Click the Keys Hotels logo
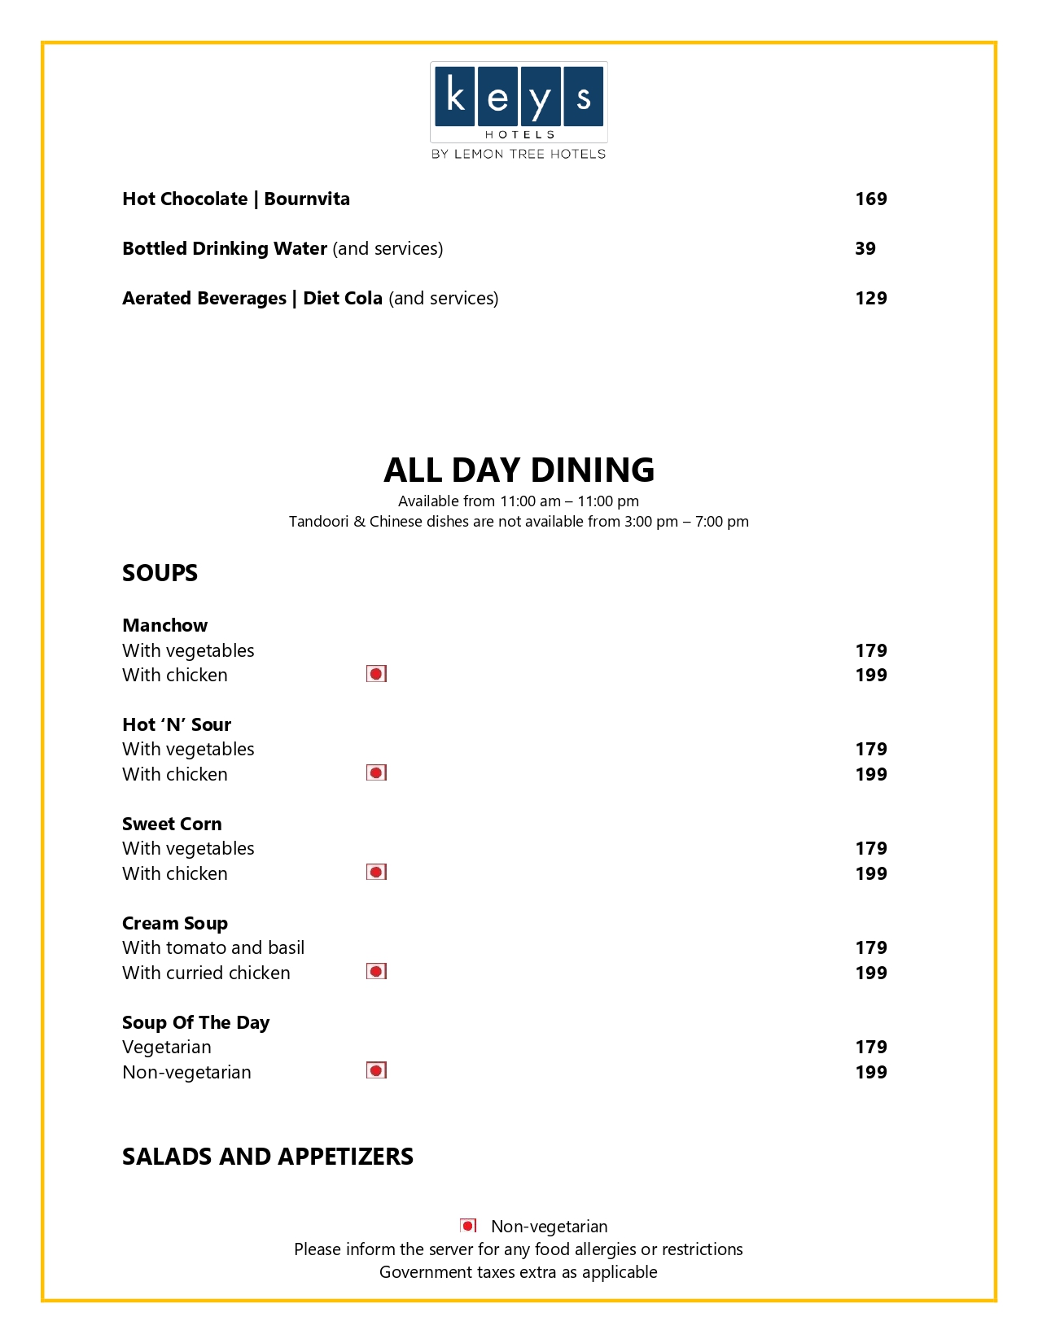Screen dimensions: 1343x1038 click(x=519, y=110)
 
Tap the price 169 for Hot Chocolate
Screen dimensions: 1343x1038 click(x=870, y=199)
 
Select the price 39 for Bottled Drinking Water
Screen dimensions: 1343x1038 click(x=865, y=249)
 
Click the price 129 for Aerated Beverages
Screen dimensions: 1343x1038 click(x=870, y=299)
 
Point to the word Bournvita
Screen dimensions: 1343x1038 click(x=307, y=199)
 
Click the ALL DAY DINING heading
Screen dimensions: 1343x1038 click(x=519, y=470)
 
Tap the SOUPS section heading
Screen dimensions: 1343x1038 click(x=160, y=573)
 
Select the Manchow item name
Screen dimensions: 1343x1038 click(x=164, y=625)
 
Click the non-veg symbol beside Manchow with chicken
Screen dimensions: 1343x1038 click(x=376, y=674)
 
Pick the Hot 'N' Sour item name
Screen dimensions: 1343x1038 click(x=177, y=724)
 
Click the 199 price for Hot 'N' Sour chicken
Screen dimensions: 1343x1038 click(x=870, y=774)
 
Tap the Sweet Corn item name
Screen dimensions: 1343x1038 click(x=172, y=824)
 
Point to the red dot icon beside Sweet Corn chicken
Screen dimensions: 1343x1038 click(x=376, y=873)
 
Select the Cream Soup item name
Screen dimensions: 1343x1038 click(x=175, y=923)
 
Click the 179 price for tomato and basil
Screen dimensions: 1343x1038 click(x=870, y=947)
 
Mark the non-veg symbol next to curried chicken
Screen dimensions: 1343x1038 click(x=376, y=972)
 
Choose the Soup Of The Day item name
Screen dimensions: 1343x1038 click(x=195, y=1022)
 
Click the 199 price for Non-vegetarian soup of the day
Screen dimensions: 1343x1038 click(x=870, y=1072)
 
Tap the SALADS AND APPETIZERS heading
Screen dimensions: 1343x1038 click(x=268, y=1157)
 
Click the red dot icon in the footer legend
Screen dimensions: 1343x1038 click(x=468, y=1226)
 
